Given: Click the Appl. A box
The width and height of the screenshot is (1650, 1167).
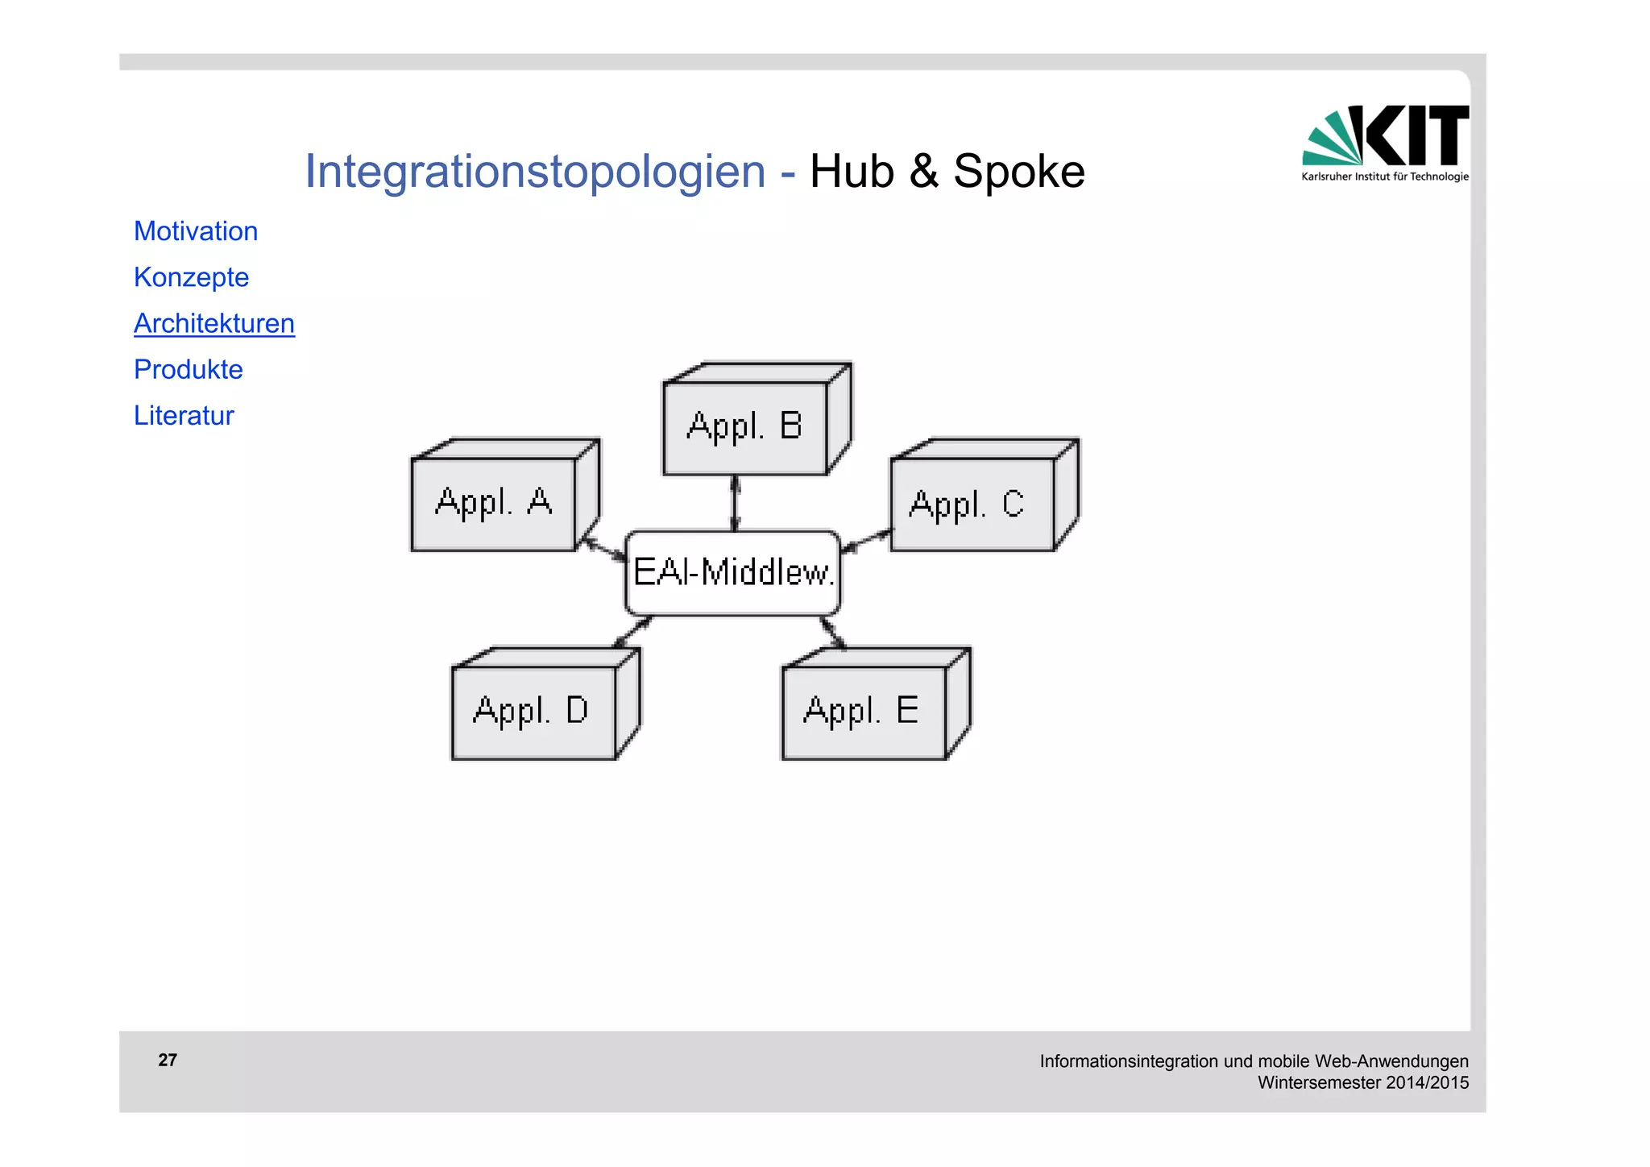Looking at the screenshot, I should (494, 504).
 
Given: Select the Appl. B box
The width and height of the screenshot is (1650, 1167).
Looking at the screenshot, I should (745, 427).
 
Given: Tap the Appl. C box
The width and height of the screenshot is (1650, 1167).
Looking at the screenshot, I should (971, 505).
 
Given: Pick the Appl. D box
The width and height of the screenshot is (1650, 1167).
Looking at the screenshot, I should (533, 712).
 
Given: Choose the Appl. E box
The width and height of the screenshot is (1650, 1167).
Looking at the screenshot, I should (863, 712).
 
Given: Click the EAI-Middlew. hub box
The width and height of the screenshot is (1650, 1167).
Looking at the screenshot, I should (732, 573).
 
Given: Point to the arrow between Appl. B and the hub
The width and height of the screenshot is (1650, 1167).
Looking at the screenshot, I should (735, 503).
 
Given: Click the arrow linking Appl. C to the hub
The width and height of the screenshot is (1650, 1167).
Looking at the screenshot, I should (866, 540).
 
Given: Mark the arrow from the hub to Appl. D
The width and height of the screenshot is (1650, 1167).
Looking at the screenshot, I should (633, 632).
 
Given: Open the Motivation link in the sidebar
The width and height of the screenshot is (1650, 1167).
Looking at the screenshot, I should (196, 231).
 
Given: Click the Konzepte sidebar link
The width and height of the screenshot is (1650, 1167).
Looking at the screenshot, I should (191, 277).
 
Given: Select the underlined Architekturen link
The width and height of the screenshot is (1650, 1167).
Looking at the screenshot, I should (214, 323).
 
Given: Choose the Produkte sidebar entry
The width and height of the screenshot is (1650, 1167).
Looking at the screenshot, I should (188, 369).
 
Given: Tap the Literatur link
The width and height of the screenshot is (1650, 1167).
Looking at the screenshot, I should (184, 415).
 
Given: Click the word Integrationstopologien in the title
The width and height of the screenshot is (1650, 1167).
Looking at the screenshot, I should (535, 172).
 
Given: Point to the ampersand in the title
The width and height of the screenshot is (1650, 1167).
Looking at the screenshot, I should (924, 172).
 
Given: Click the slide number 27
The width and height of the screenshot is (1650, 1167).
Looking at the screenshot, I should (168, 1060).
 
